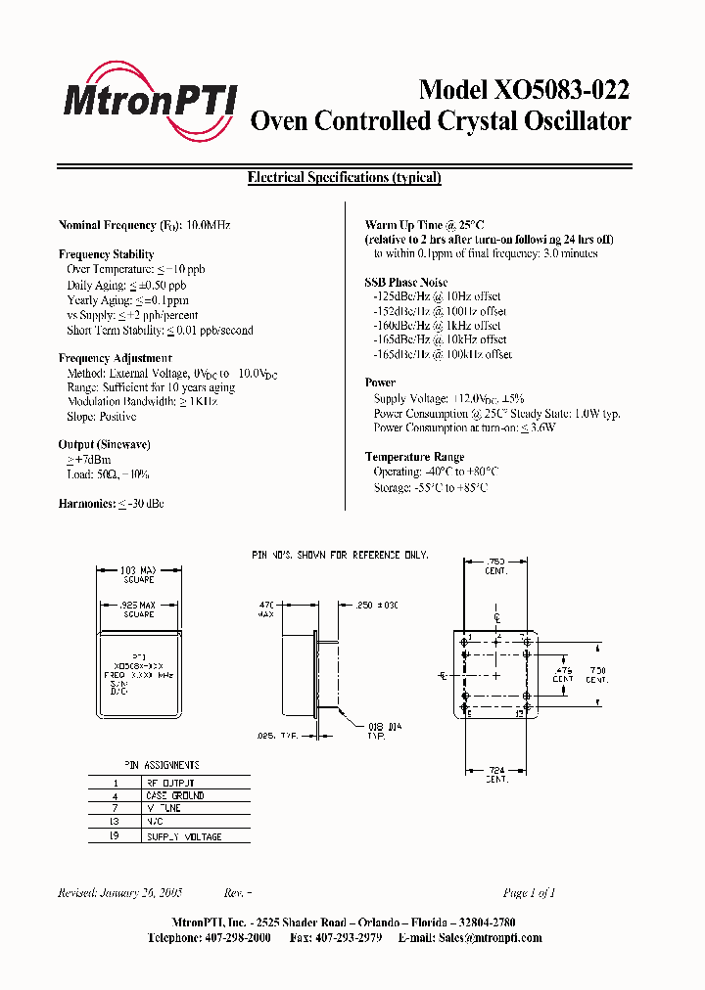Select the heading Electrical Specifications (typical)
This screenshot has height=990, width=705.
[x=344, y=178]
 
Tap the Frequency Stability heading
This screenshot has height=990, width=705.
[x=107, y=254]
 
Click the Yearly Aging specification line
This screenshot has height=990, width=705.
[x=127, y=300]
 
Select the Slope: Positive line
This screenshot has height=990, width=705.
[x=102, y=417]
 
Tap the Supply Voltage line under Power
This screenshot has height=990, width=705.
[x=448, y=399]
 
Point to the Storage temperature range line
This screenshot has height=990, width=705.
[x=430, y=487]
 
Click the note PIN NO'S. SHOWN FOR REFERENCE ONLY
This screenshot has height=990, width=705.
[x=340, y=556]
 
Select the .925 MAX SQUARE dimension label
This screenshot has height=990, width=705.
[x=138, y=609]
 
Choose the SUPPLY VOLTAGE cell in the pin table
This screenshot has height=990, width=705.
[x=183, y=837]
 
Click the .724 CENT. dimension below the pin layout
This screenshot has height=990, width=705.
[x=496, y=774]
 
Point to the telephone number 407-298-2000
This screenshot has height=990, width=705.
[x=231, y=938]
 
